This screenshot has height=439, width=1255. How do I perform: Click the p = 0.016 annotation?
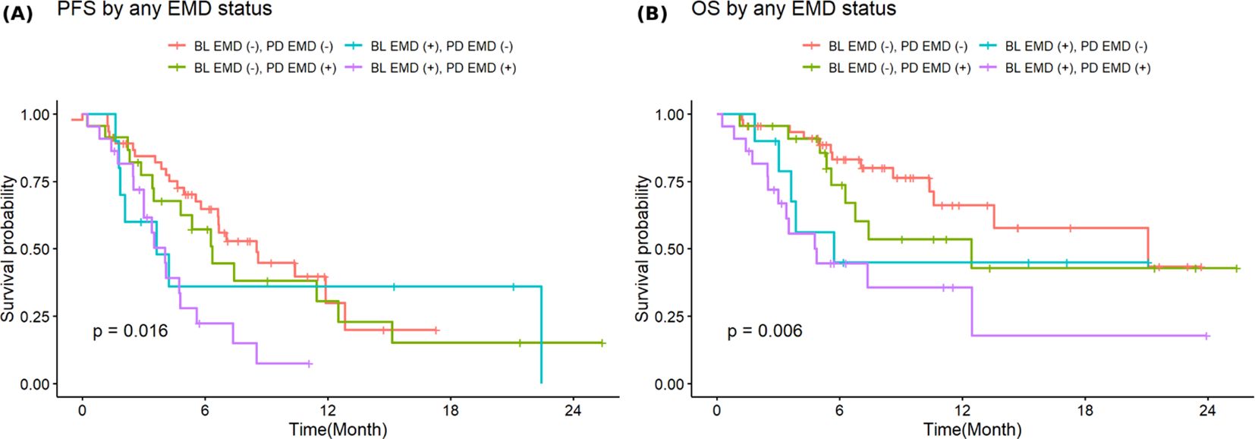tap(131, 331)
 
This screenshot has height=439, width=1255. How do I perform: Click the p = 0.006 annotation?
tap(765, 331)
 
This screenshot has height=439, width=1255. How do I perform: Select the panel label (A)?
tap(17, 13)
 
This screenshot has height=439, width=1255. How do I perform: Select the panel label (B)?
tap(652, 13)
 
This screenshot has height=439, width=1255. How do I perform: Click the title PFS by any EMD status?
tap(165, 10)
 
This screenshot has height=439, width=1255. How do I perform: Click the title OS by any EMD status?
tap(794, 10)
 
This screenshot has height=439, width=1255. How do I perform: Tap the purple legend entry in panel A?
tap(432, 68)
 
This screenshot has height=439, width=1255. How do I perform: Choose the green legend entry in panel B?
tap(887, 68)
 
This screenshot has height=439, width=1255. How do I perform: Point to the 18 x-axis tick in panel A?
tap(450, 411)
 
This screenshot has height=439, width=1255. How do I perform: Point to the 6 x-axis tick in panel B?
tap(839, 411)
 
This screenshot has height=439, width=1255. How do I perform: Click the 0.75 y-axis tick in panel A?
tap(34, 182)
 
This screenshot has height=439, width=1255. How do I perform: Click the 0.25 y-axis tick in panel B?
tap(669, 317)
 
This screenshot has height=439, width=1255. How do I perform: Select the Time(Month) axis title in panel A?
tap(338, 429)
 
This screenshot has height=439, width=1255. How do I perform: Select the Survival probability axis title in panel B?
tap(643, 249)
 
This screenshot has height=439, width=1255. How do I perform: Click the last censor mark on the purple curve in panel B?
tap(1206, 336)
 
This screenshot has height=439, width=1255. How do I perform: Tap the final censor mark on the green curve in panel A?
tap(602, 343)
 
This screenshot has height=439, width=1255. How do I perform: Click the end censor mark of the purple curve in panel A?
tap(309, 364)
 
